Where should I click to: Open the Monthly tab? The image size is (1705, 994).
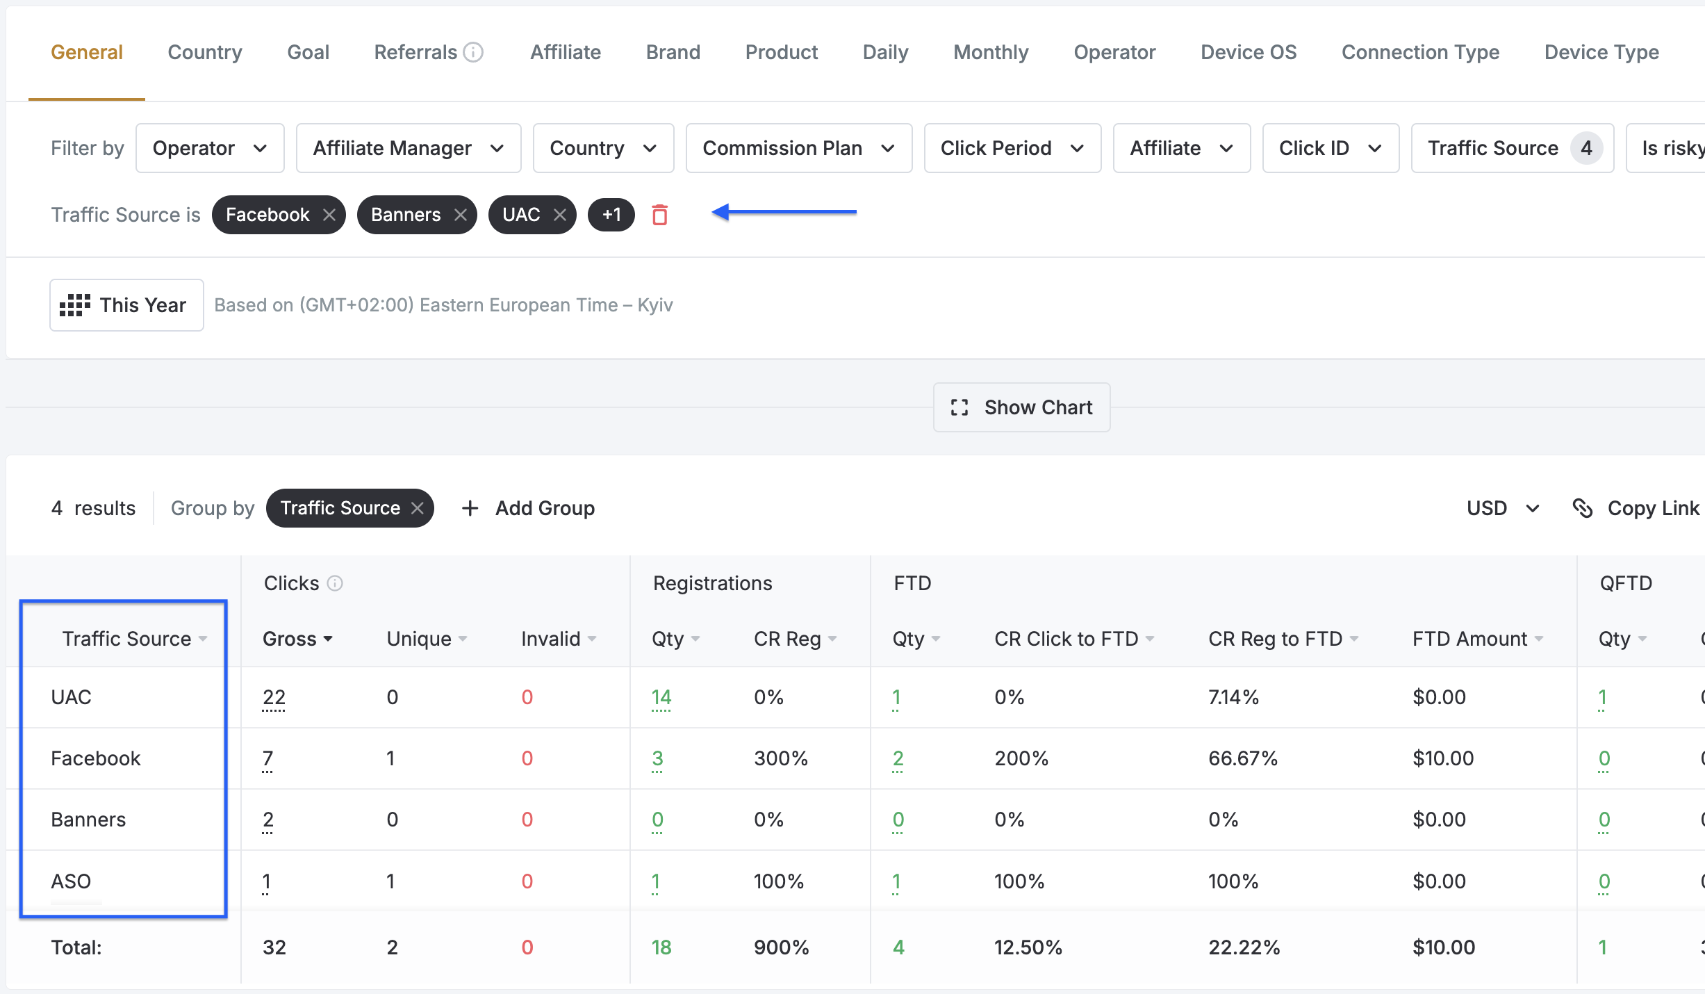coord(991,52)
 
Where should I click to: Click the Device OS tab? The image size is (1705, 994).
coord(1249,52)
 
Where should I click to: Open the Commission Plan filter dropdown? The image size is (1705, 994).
coord(799,148)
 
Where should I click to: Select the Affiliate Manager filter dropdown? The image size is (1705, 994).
coord(409,148)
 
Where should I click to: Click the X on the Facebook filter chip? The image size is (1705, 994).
coord(329,215)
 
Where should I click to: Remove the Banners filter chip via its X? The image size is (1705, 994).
coord(460,215)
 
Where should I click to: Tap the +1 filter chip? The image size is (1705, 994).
coord(611,215)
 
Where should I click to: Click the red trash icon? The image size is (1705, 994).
coord(660,215)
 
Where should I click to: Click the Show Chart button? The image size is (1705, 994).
coord(1021,407)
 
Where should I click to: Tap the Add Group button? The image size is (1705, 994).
coord(529,508)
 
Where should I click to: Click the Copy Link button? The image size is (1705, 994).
coord(1636,508)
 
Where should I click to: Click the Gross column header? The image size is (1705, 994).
coord(297,639)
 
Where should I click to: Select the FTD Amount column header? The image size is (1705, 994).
coord(1478,639)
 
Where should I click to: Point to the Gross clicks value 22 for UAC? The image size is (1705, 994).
coord(274,697)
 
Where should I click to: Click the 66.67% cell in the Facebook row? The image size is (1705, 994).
coord(1243,758)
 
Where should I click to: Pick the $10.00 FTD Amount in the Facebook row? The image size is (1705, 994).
coord(1443,758)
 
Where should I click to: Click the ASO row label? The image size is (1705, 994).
coord(71,881)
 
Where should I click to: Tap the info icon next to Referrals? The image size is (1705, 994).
coord(473,52)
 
